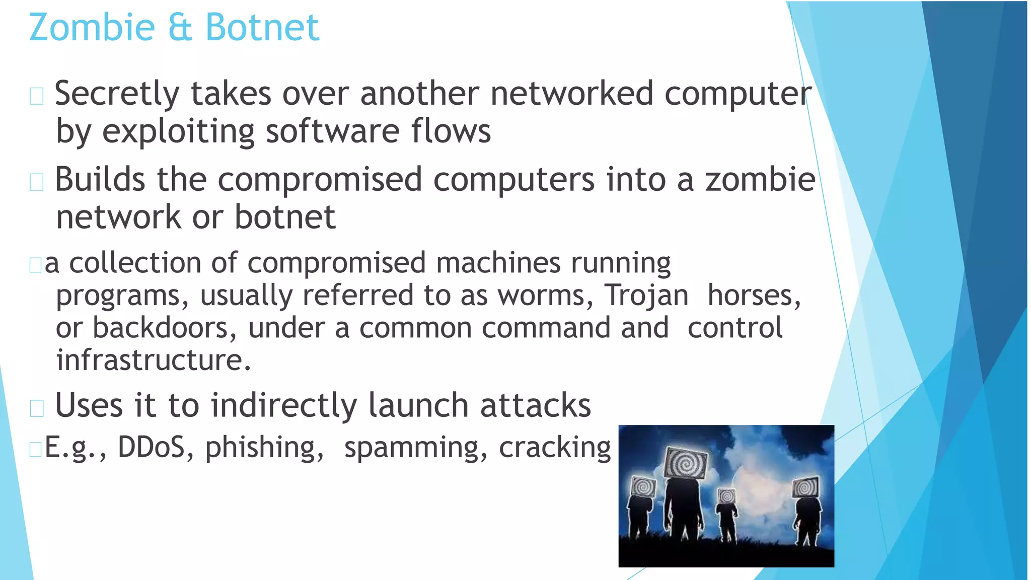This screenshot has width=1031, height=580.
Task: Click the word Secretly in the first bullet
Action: click(117, 94)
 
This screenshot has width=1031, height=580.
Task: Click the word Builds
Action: click(100, 180)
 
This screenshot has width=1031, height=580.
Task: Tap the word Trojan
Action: click(646, 296)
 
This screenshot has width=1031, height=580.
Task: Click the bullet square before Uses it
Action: click(37, 407)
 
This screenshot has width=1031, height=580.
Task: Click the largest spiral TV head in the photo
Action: click(686, 462)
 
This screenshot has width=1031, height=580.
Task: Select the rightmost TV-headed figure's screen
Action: click(806, 486)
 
